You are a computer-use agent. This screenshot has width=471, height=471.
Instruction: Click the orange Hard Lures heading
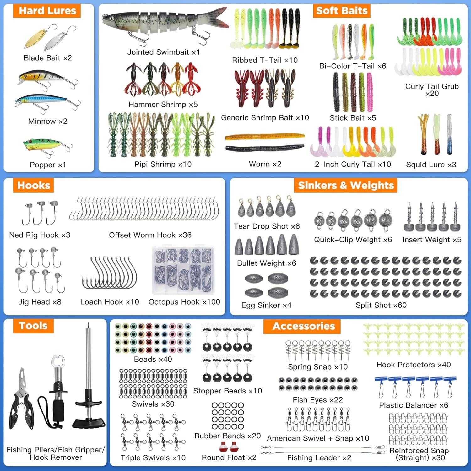pyautogui.click(x=47, y=11)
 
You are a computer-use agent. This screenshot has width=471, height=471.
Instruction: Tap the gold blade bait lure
pyautogui.click(x=35, y=38)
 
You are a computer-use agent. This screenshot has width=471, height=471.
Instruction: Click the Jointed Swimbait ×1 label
pyautogui.click(x=164, y=52)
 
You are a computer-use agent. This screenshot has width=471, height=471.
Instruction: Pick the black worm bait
pyautogui.click(x=265, y=148)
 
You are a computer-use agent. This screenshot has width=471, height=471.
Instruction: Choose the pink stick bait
pyautogui.click(x=370, y=92)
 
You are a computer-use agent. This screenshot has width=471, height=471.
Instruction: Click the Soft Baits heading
pyautogui.click(x=342, y=11)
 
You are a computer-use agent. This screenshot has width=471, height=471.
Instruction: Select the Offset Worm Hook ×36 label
pyautogui.click(x=150, y=235)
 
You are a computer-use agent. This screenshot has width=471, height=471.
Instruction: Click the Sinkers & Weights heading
pyautogui.click(x=346, y=185)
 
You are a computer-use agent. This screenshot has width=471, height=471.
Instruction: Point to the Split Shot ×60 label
pyautogui.click(x=381, y=305)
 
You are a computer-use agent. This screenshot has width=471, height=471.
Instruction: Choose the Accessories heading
pyautogui.click(x=304, y=326)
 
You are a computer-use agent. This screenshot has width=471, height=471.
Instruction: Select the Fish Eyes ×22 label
pyautogui.click(x=318, y=400)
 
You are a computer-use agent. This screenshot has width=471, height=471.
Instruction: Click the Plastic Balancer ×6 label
pyautogui.click(x=414, y=405)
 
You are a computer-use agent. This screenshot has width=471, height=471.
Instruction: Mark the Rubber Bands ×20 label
pyautogui.click(x=228, y=436)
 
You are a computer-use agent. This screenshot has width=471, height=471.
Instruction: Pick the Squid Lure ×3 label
pyautogui.click(x=431, y=165)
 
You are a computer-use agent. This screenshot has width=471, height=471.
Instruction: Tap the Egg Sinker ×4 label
pyautogui.click(x=266, y=305)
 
